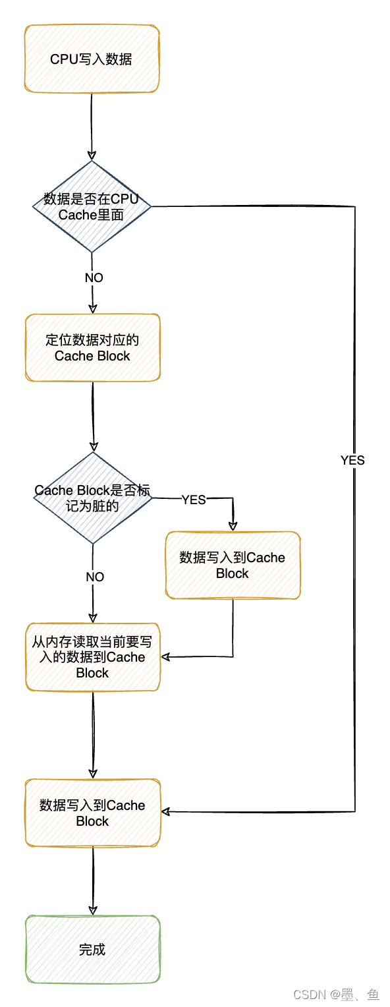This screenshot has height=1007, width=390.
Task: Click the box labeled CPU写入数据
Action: pos(92,59)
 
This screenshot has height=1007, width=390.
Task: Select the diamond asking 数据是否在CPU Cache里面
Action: pos(92,206)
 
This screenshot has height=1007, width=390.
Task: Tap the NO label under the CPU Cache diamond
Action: pos(94,278)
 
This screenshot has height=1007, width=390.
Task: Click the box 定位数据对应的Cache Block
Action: pos(92,347)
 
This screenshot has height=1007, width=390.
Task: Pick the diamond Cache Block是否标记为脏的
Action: pos(92,498)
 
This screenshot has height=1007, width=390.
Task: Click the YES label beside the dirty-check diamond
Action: pos(194,500)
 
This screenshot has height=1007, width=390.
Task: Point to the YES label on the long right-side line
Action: pos(352,461)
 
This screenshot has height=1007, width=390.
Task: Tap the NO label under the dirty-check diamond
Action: pos(95,577)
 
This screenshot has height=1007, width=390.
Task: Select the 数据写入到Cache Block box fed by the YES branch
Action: pos(233,565)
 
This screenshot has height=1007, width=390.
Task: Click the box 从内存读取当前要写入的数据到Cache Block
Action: pos(92,657)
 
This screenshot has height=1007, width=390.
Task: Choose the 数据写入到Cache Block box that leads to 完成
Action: pos(92,813)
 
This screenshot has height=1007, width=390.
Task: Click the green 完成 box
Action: pos(92,950)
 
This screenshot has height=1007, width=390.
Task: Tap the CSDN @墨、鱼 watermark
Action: pos(336,994)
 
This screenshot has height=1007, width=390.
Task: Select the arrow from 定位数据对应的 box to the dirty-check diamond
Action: pos(93,415)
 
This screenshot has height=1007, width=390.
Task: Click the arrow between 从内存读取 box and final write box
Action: pos(92,735)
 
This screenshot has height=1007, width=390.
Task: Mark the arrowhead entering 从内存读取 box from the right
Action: pos(165,656)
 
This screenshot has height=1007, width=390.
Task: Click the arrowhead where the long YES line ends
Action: pos(166,811)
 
